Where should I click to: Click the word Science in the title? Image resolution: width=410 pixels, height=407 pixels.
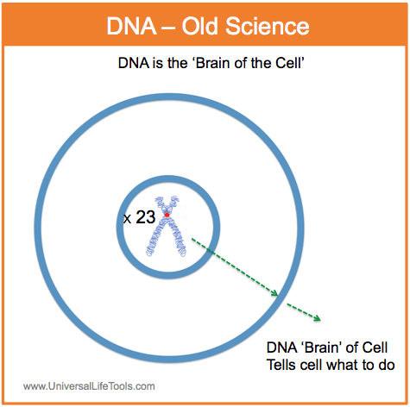(267, 27)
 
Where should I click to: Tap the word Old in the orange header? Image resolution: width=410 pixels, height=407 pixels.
(199, 26)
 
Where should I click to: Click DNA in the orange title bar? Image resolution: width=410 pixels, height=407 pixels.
(131, 27)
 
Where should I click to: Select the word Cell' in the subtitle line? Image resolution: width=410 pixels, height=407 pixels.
(290, 63)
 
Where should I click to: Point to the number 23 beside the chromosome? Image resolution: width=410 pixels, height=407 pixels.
(146, 217)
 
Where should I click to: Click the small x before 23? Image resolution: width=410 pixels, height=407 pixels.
(127, 219)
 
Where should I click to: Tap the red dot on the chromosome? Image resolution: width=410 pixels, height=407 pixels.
(167, 215)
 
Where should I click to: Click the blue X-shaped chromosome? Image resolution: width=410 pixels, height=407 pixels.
(166, 226)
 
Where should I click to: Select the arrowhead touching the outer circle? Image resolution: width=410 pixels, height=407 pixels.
(274, 293)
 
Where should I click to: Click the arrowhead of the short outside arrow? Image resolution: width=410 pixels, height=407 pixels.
(317, 317)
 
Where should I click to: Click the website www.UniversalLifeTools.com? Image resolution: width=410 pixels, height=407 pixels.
(89, 386)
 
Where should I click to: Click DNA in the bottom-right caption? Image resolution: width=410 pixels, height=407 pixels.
(281, 348)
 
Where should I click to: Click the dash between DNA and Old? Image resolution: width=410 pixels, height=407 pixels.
(169, 28)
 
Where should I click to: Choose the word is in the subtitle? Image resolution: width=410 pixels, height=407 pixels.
(158, 63)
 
